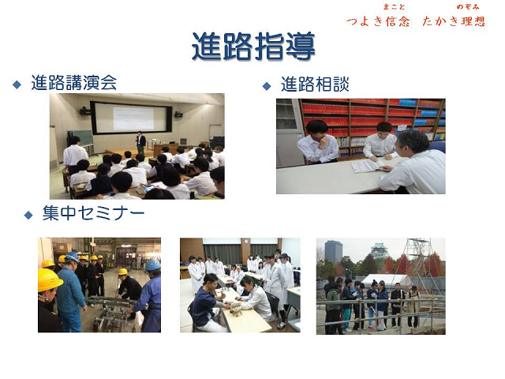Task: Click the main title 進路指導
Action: click(253, 46)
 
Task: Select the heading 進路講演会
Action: click(74, 82)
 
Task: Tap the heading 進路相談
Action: click(315, 84)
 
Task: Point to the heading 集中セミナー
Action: click(93, 213)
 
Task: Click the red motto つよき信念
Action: click(378, 21)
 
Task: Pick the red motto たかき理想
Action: click(454, 21)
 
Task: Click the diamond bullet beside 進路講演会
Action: click(17, 84)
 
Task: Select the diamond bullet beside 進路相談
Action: click(267, 86)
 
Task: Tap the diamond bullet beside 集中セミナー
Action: click(28, 215)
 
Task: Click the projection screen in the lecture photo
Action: click(131, 118)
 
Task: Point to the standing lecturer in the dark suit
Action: click(140, 143)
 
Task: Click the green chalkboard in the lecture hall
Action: click(81, 137)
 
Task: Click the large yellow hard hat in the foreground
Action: click(49, 280)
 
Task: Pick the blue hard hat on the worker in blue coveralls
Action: click(152, 265)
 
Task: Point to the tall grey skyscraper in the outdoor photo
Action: click(333, 251)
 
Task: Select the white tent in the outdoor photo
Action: click(387, 280)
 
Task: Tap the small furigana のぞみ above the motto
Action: click(468, 6)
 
